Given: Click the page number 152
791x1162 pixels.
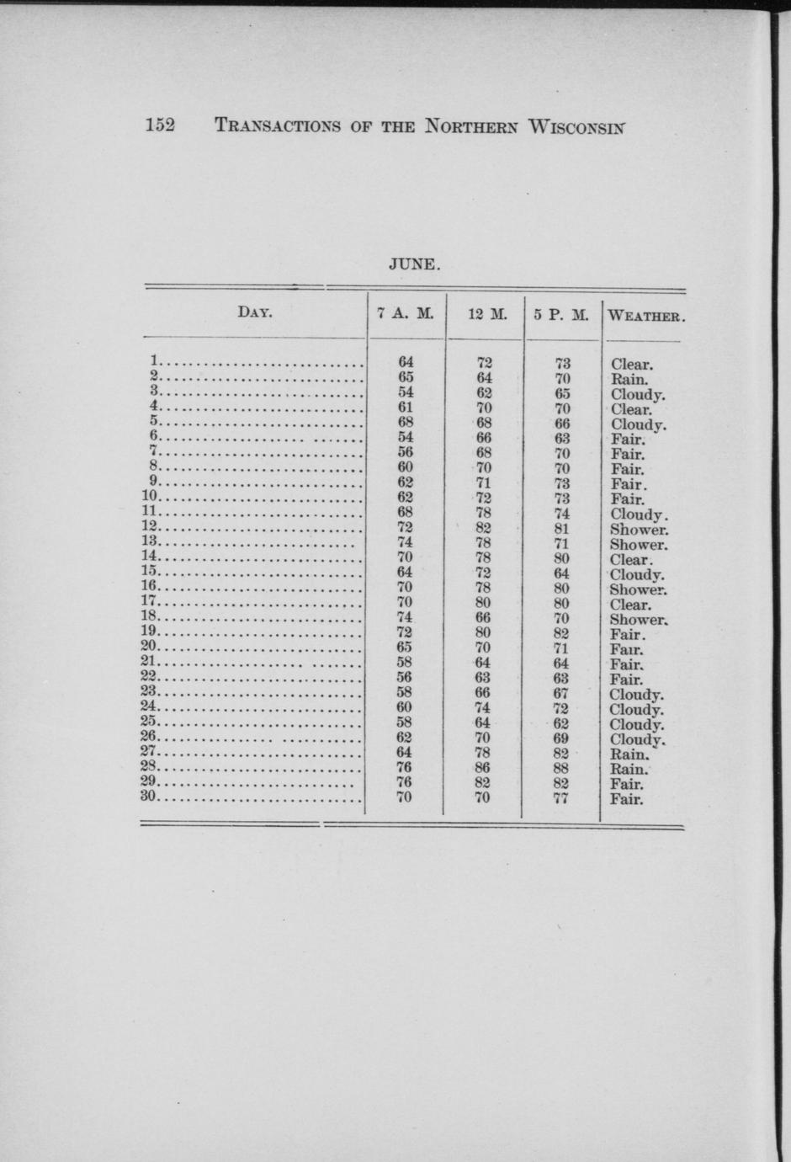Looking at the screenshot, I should (x=160, y=125).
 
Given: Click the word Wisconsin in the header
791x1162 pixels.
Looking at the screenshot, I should (x=576, y=127).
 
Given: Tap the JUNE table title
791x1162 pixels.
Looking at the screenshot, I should (x=414, y=264).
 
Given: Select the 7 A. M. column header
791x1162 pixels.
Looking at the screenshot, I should (x=406, y=315).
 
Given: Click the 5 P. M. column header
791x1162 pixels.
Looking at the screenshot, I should (x=561, y=316).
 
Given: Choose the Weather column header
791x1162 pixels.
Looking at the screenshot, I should (x=646, y=317).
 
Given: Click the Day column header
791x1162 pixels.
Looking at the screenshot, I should (x=254, y=312).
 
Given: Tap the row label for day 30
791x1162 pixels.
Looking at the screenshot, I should (x=150, y=796).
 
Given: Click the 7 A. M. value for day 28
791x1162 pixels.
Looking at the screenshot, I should (x=405, y=767).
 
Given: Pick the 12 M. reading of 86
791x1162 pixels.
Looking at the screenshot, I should (x=482, y=767).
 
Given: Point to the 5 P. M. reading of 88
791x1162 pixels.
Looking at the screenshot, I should (x=561, y=768).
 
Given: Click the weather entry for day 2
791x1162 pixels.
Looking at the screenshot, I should (x=629, y=379).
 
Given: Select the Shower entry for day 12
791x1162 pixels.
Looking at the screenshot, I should (x=640, y=530).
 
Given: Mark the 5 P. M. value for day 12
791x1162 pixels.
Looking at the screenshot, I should (x=562, y=530).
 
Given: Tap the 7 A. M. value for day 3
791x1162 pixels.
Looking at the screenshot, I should (x=405, y=392).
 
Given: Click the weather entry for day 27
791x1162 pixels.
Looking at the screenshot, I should (x=629, y=754).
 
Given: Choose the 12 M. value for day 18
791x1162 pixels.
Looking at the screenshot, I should (x=482, y=617).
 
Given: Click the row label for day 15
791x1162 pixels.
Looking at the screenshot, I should (x=150, y=571).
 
